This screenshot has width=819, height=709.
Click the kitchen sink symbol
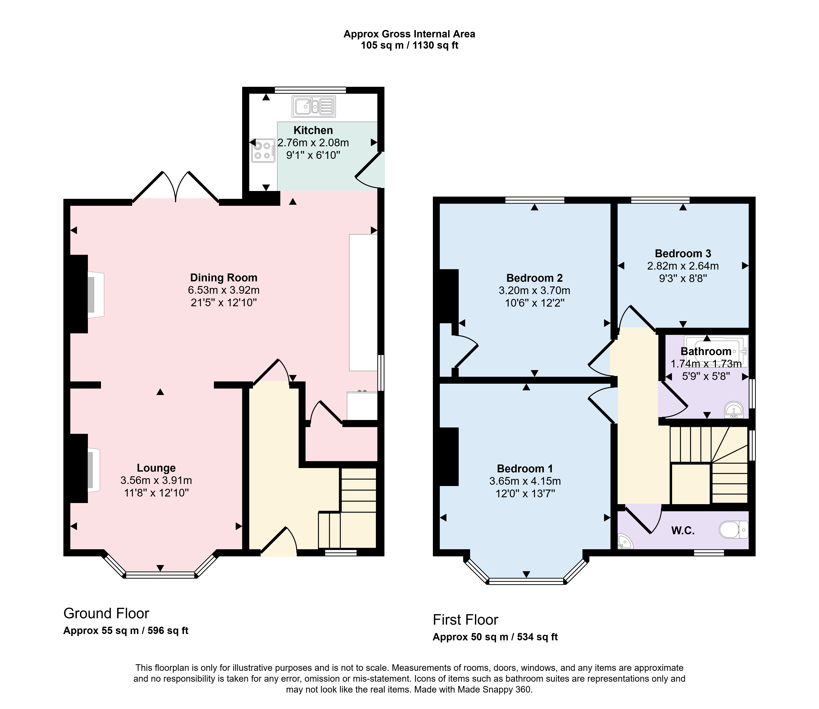pyautogui.click(x=314, y=106)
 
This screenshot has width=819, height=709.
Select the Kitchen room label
pyautogui.click(x=313, y=130)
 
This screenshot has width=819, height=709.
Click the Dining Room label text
pyautogui.click(x=224, y=278)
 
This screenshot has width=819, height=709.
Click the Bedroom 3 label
pyautogui.click(x=683, y=254)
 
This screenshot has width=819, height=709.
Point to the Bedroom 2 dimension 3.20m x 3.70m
pyautogui.click(x=535, y=291)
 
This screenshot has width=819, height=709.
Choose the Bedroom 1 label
pyautogui.click(x=525, y=469)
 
